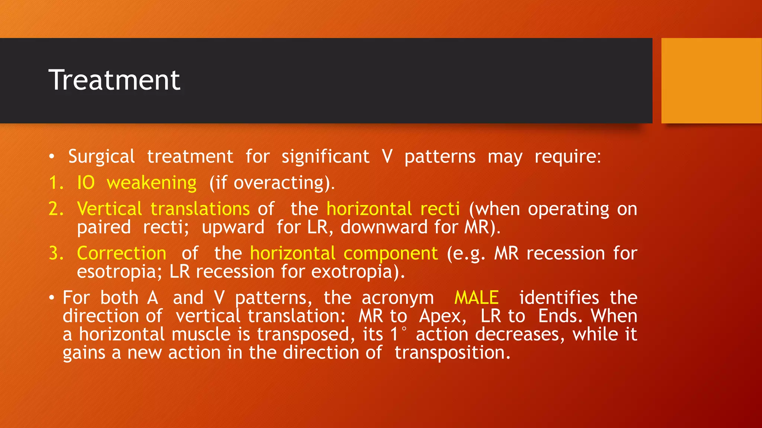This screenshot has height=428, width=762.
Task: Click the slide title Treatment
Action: (x=114, y=80)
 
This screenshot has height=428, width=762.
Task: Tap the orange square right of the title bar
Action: (x=711, y=81)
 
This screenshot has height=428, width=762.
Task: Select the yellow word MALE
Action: (x=476, y=298)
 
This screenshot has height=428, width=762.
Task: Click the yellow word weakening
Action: (x=151, y=183)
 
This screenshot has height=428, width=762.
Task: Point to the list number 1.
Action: (x=56, y=183)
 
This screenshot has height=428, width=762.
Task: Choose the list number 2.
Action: (x=56, y=209)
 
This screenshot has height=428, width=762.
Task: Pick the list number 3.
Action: (x=56, y=253)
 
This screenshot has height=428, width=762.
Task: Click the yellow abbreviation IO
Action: (x=86, y=183)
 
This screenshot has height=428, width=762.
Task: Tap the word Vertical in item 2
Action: (x=109, y=209)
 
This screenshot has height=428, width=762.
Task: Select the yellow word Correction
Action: (x=122, y=253)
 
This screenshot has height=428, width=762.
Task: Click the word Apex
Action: (x=442, y=317)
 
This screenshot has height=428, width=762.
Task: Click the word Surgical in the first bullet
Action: (x=101, y=157)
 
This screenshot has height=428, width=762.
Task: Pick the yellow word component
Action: (x=391, y=254)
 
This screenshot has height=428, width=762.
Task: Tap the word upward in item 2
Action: (x=233, y=227)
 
